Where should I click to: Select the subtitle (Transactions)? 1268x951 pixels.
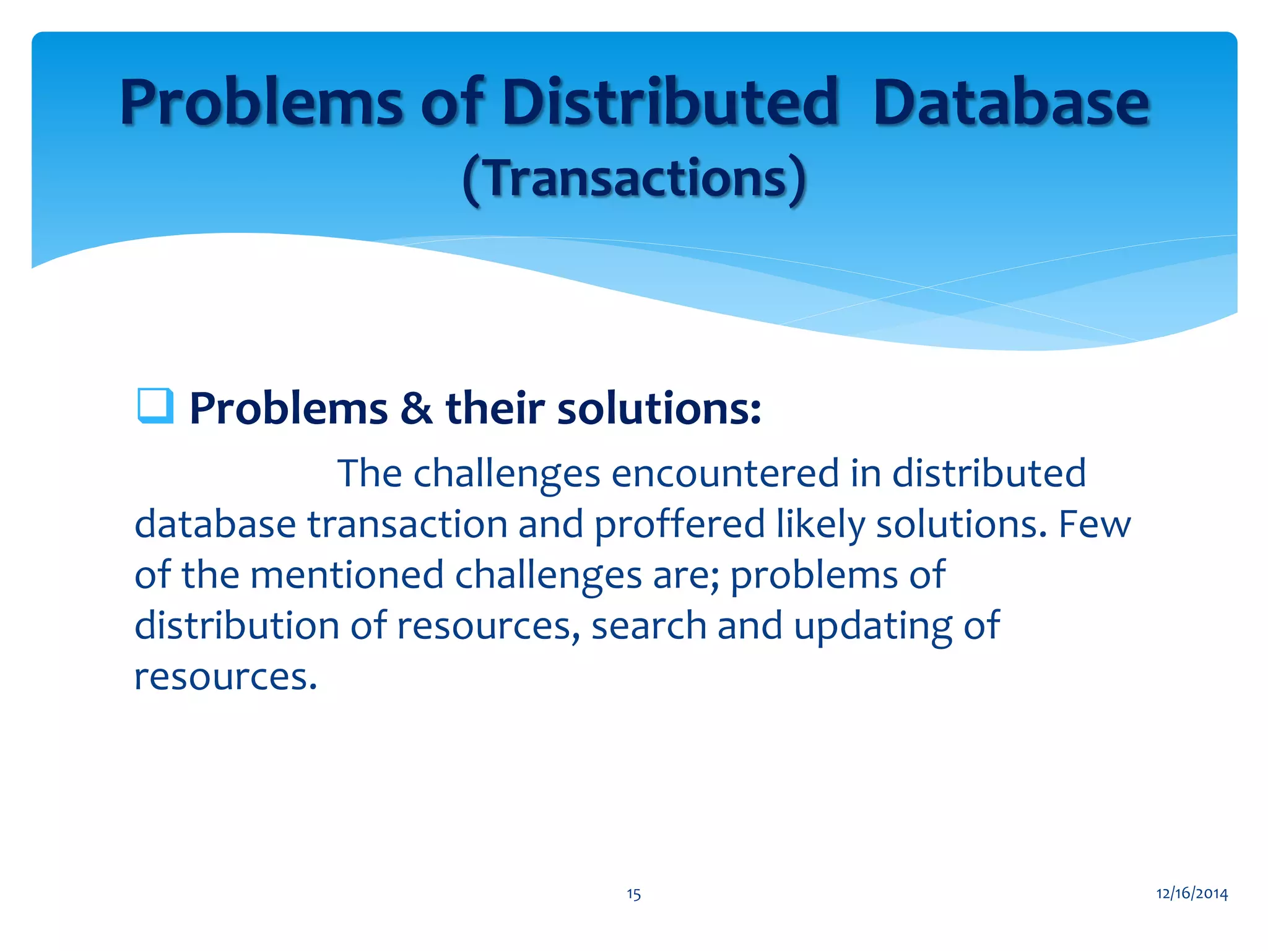(x=634, y=179)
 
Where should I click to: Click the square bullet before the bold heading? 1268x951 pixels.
(x=155, y=406)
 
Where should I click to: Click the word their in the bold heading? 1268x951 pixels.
(x=495, y=409)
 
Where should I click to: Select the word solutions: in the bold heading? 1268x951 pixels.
(x=659, y=409)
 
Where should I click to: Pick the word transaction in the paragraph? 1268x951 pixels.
(x=407, y=524)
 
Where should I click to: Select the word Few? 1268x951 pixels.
(x=1094, y=524)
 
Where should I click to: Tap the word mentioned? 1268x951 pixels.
(x=347, y=575)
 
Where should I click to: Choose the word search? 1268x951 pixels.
(x=648, y=625)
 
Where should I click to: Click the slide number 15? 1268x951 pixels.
(x=633, y=894)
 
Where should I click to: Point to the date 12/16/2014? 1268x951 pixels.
(x=1192, y=893)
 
